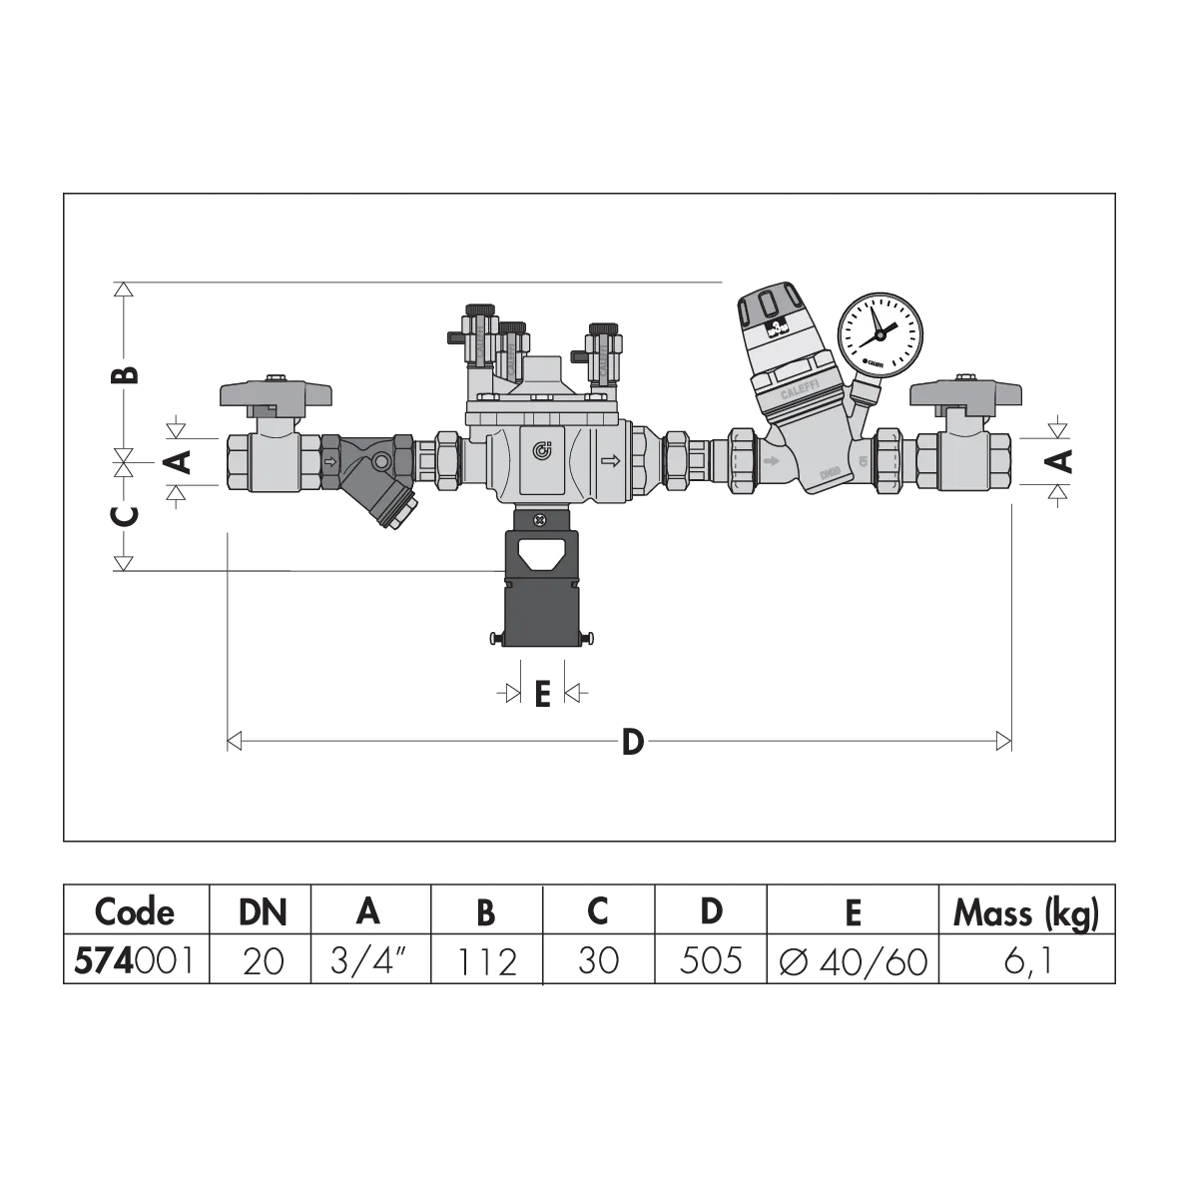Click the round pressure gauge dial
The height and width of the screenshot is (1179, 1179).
pyautogui.click(x=881, y=335)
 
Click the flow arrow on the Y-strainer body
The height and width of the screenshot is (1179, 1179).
pyautogui.click(x=330, y=461)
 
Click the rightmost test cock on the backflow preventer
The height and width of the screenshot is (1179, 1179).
pyautogui.click(x=603, y=347)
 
